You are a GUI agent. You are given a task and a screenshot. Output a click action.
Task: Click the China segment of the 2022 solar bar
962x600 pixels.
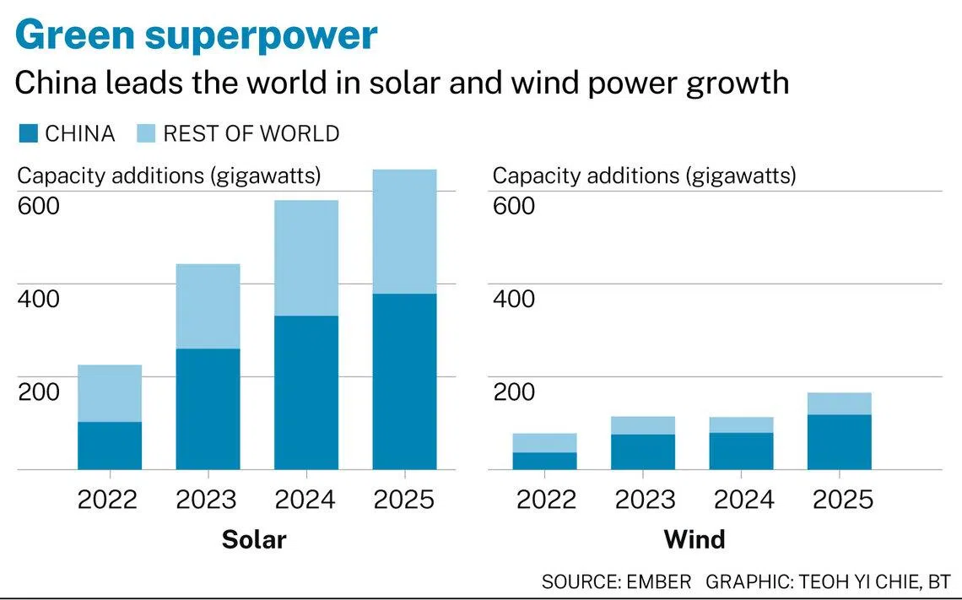click(110, 446)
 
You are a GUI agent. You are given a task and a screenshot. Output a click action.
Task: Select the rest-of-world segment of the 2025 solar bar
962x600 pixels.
click(404, 231)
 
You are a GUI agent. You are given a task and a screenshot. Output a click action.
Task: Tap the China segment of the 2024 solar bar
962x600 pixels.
click(306, 392)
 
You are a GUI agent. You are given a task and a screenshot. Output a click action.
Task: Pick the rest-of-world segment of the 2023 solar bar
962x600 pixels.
click(208, 306)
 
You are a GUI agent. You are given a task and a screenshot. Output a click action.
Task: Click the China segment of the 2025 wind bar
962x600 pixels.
click(840, 441)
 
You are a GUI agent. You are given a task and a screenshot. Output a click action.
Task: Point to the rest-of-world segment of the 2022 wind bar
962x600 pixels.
click(545, 443)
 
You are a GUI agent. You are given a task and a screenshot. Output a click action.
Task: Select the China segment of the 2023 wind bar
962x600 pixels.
click(643, 451)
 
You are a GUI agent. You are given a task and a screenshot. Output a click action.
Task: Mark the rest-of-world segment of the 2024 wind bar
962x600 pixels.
click(741, 425)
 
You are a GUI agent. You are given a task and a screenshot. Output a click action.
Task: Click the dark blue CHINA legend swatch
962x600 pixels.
click(28, 133)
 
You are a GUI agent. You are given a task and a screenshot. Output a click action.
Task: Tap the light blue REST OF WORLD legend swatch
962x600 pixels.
click(146, 133)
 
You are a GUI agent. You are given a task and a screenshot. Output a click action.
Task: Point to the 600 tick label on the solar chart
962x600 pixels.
click(39, 206)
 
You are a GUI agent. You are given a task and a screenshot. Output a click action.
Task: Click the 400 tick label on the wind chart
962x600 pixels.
click(514, 299)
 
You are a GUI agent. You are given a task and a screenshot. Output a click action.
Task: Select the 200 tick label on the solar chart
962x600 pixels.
click(39, 392)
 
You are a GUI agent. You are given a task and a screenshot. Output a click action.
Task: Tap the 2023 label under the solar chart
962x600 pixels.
click(206, 500)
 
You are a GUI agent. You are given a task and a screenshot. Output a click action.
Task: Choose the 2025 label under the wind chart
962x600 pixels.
click(842, 500)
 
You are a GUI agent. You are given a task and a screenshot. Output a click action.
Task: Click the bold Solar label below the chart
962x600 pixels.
click(254, 540)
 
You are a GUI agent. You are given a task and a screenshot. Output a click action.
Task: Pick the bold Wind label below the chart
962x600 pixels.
click(694, 540)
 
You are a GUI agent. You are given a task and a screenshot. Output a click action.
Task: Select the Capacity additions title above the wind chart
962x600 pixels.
click(644, 176)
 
